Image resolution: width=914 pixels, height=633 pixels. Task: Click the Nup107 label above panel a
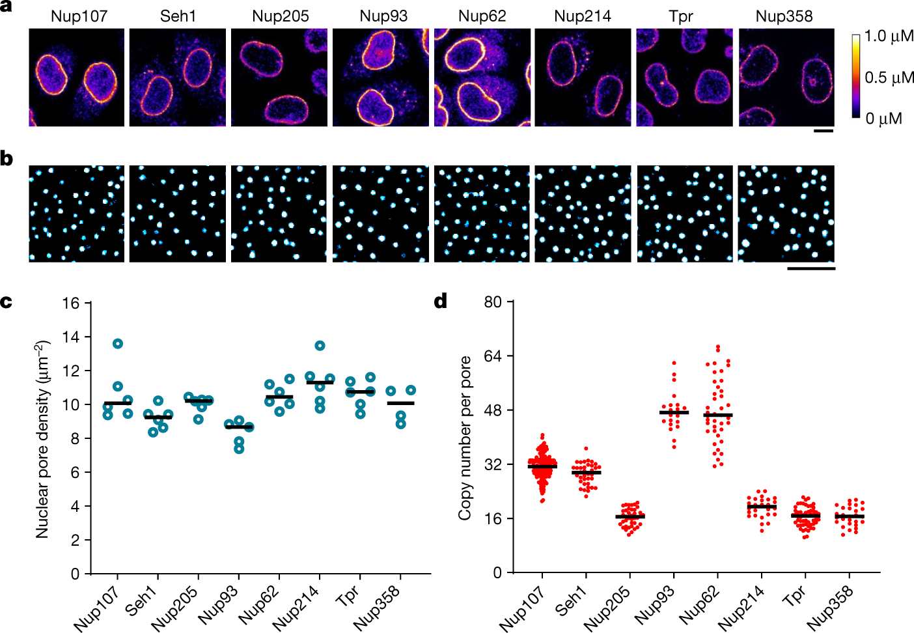pyautogui.click(x=79, y=16)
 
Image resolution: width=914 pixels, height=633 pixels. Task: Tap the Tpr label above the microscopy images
pyautogui.click(x=681, y=16)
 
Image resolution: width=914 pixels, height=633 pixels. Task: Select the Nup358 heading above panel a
pyautogui.click(x=784, y=16)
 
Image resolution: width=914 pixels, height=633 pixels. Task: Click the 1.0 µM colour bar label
pyautogui.click(x=888, y=36)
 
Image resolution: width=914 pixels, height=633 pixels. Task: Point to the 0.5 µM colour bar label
pyautogui.click(x=888, y=77)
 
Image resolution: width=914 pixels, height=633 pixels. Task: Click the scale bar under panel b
pyautogui.click(x=811, y=268)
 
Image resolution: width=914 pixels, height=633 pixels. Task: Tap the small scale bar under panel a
pyautogui.click(x=824, y=131)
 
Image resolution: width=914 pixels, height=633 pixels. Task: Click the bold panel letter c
pyautogui.click(x=7, y=302)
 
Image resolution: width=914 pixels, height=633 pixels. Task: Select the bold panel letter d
pyautogui.click(x=441, y=301)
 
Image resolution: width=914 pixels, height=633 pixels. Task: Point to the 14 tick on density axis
pyautogui.click(x=71, y=337)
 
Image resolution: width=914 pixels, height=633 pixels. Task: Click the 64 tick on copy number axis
pyautogui.click(x=493, y=356)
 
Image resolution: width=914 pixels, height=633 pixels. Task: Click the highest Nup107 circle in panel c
pyautogui.click(x=118, y=344)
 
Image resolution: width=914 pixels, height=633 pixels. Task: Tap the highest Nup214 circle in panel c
pyautogui.click(x=320, y=346)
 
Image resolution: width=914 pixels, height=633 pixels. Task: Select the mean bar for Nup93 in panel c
pyautogui.click(x=239, y=427)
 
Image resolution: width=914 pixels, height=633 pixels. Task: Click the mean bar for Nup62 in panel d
pyautogui.click(x=718, y=415)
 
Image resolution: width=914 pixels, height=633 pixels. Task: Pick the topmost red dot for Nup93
pyautogui.click(x=674, y=363)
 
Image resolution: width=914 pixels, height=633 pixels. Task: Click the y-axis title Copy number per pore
pyautogui.click(x=465, y=438)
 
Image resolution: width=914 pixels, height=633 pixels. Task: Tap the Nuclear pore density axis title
pyautogui.click(x=43, y=439)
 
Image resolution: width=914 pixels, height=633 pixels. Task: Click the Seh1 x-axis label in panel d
pyautogui.click(x=571, y=600)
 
